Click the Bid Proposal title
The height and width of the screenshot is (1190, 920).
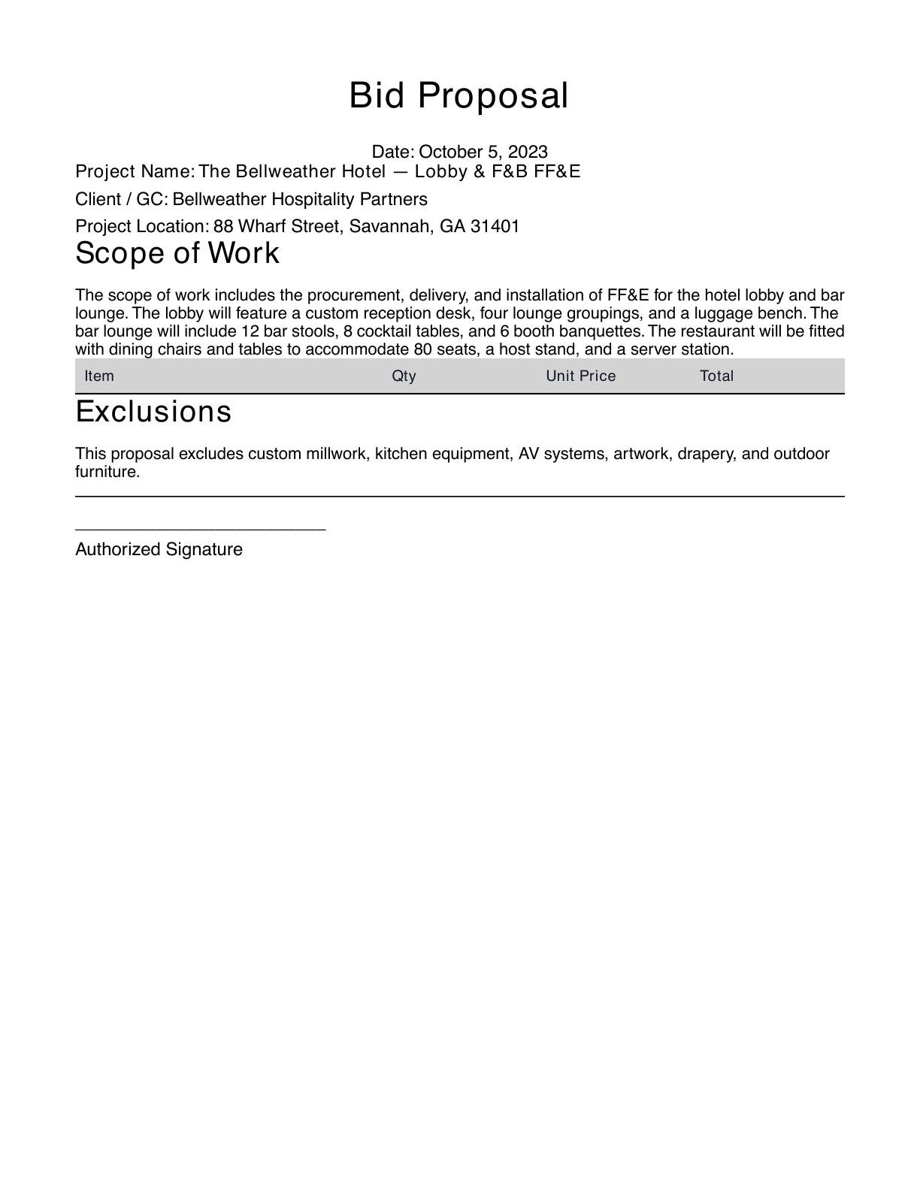click(458, 96)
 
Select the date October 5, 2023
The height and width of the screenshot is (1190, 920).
click(483, 152)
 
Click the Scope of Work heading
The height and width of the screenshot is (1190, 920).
click(177, 253)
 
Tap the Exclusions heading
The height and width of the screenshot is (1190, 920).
click(153, 412)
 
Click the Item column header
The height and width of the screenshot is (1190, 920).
click(99, 376)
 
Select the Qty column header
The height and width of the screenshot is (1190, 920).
click(404, 376)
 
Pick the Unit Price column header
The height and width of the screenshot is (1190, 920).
click(580, 376)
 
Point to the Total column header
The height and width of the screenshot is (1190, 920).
click(716, 376)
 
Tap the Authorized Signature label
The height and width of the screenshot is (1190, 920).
click(159, 549)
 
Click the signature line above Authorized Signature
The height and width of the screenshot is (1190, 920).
click(200, 530)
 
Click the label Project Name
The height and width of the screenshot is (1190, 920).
click(134, 171)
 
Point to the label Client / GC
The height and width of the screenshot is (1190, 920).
click(121, 199)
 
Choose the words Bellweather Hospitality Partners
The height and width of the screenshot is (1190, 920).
click(300, 199)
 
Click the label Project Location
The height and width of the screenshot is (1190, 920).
click(141, 226)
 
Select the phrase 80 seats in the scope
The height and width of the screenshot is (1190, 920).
click(443, 349)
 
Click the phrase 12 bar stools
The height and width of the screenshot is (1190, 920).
click(288, 331)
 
